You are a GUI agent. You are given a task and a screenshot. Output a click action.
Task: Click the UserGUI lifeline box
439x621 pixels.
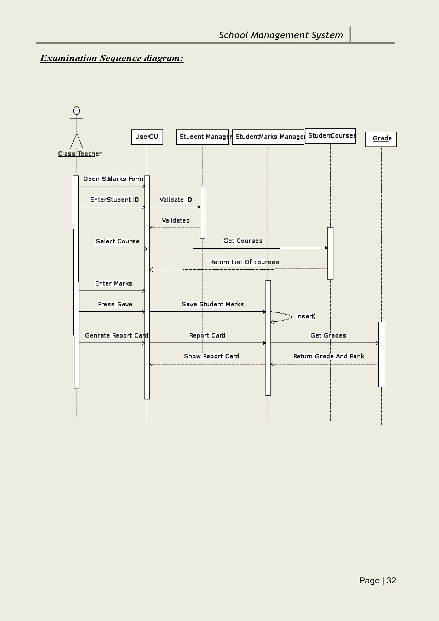pos(147,137)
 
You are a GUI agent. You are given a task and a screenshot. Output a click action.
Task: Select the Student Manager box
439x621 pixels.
pos(202,137)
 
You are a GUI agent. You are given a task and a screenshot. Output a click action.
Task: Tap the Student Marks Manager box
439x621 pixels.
pos(268,137)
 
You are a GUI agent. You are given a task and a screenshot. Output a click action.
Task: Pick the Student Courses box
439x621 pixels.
pos(330,136)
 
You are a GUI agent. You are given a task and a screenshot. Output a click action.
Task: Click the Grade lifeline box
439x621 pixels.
pos(381,139)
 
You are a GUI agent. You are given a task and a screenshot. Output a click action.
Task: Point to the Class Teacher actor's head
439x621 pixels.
pos(77,111)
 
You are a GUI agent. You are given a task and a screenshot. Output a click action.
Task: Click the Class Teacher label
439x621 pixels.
pos(80,154)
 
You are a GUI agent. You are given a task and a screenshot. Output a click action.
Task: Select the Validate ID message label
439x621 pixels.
pos(176,200)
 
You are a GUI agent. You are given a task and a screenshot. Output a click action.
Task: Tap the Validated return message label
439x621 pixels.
pos(176,220)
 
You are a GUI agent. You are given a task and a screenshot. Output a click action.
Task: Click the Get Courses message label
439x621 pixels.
pos(243,241)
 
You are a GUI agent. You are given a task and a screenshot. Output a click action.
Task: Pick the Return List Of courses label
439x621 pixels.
pos(244,262)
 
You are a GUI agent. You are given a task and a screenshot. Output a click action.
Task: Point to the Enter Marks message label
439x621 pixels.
pos(114,283)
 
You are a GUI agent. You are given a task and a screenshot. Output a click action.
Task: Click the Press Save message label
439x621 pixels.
pos(115,304)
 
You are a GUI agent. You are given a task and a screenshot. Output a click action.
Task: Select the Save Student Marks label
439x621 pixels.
pos(213,304)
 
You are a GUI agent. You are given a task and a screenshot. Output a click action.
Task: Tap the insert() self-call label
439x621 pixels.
pos(306,316)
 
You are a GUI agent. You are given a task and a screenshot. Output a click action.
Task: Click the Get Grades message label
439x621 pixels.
pos(328,335)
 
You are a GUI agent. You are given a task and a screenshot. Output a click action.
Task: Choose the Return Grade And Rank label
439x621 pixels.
pos(329,356)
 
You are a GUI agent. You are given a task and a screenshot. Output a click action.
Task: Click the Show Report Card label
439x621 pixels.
pos(211,356)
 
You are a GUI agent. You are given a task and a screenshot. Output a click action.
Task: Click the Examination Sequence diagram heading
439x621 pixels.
pos(112,58)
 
